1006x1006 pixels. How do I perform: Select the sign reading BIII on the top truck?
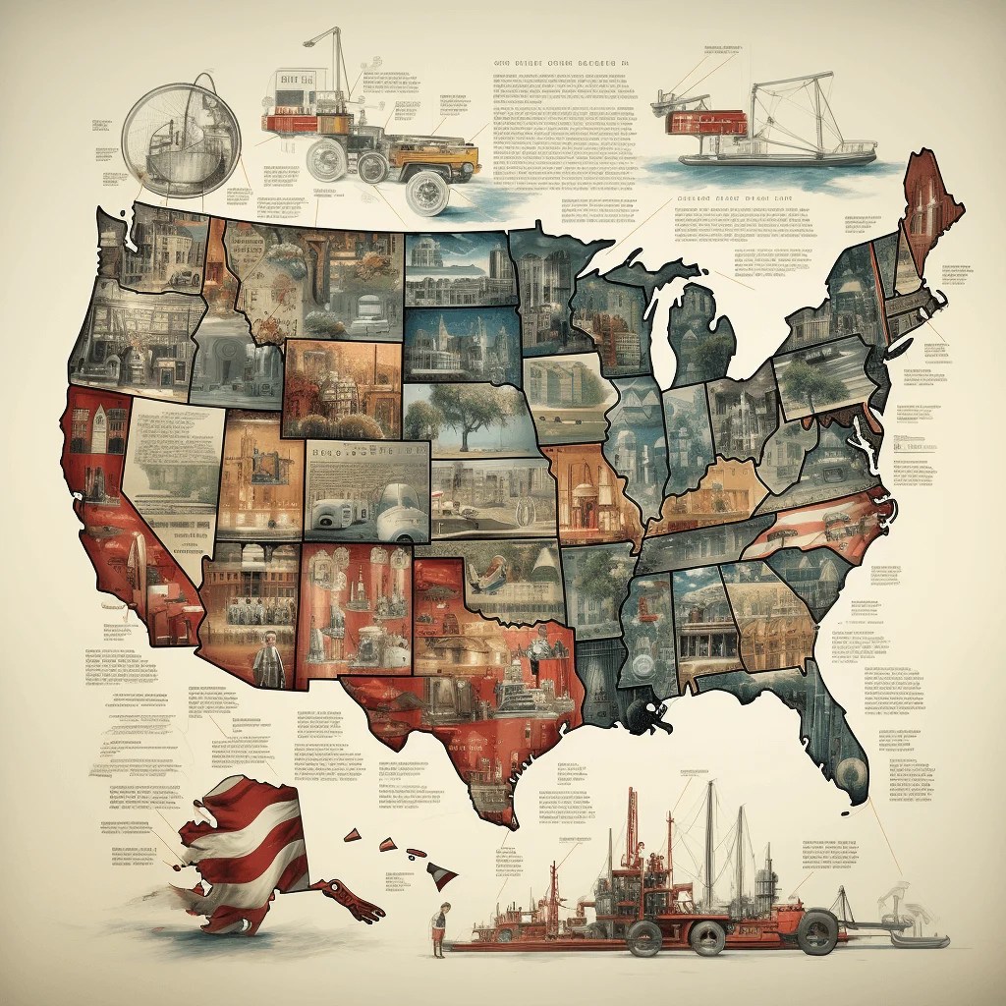point(295,81)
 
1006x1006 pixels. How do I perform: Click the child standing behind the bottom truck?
point(442,928)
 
